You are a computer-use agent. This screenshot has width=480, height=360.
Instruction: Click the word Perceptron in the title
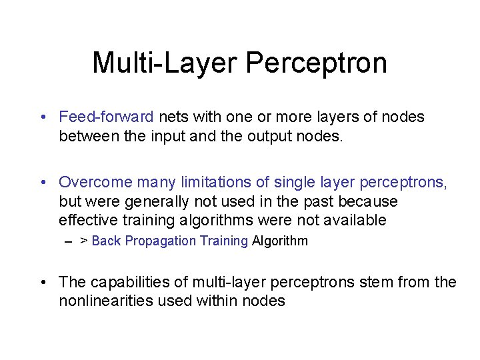click(x=316, y=63)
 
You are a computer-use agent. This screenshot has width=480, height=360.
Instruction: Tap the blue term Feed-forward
click(x=106, y=117)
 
